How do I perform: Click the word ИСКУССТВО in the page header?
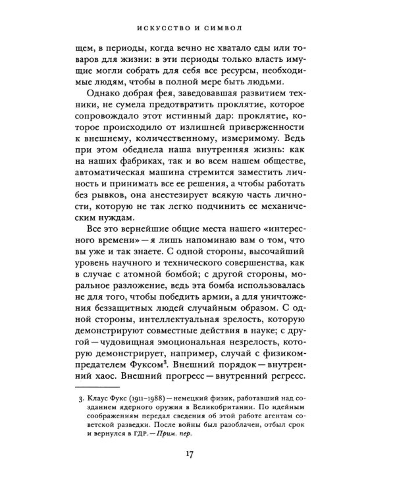(x=174, y=29)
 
